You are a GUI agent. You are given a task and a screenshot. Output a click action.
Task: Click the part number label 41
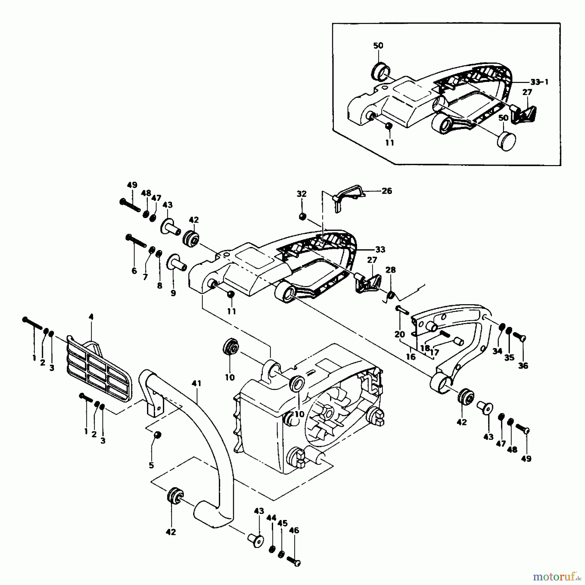197,383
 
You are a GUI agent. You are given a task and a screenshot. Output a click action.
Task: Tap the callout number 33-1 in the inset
539,82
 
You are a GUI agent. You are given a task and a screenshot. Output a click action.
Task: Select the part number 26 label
387,191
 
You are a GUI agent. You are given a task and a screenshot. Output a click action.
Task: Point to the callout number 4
91,317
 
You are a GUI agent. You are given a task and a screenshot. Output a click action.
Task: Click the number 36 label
523,366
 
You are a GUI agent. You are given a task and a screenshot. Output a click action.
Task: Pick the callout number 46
294,530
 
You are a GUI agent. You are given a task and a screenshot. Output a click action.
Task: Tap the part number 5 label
151,465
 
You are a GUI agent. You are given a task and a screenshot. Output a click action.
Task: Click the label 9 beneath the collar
173,293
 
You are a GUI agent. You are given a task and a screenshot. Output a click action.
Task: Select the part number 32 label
301,194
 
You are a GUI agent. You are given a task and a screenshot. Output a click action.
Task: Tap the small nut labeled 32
302,216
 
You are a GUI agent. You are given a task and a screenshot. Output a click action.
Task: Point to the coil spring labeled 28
390,296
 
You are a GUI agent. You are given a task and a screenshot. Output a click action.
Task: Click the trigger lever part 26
348,197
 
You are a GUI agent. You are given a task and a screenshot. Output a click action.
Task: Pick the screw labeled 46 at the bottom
294,561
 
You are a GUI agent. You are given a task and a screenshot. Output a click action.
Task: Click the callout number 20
400,334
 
